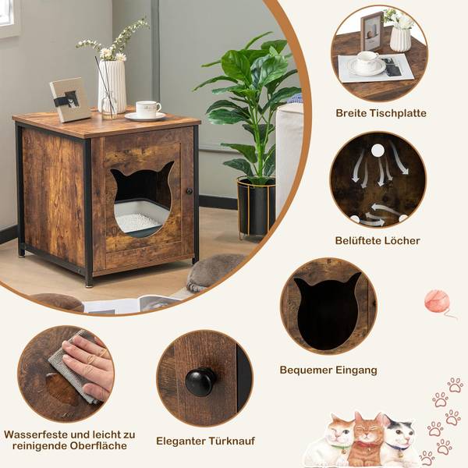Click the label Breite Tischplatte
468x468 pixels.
coord(381,113)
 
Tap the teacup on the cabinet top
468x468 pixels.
coord(146,109)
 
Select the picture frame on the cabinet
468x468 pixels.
coord(69,100)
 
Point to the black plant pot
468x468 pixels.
coord(256,207)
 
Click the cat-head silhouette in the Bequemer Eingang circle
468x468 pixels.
coord(328,310)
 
